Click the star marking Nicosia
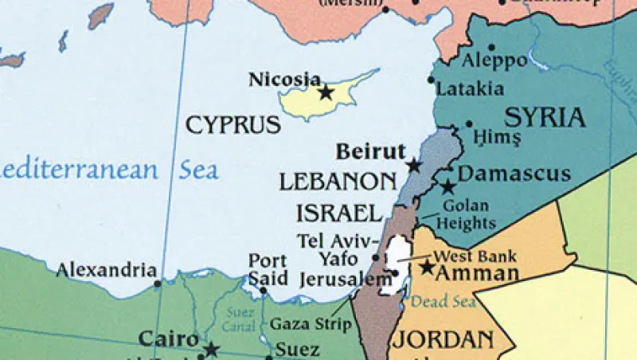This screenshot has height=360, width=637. pos(326,92)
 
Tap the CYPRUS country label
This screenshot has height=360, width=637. pos(233,125)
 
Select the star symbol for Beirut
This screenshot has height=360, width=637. pos(414,166)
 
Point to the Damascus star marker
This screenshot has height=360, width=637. pos(447,187)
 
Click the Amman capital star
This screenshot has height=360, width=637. pos(428,268)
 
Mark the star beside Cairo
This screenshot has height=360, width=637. pos(211,349)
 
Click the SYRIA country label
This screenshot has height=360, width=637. pos(545,118)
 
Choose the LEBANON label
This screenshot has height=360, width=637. pos(338,181)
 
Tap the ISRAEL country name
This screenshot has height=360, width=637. pos(339,213)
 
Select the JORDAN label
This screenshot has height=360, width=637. pos(440,339)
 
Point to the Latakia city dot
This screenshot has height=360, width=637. pos(431,80)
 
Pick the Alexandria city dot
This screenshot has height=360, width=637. pos(158,283)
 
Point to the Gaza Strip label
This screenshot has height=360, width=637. pos(311,324)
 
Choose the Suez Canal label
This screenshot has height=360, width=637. pos(235,318)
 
